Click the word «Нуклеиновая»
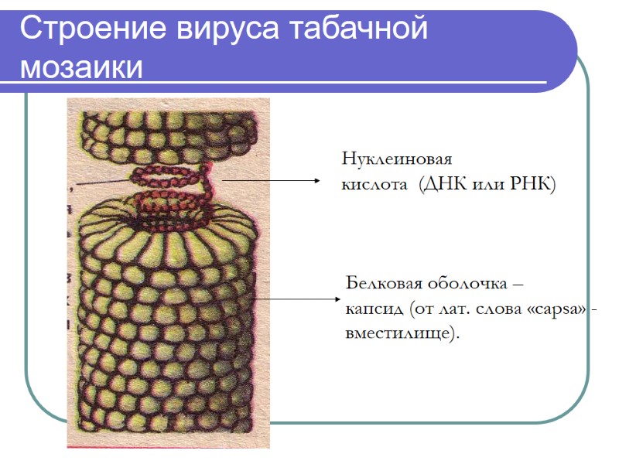coord(396,160)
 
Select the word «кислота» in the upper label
coord(374,186)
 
